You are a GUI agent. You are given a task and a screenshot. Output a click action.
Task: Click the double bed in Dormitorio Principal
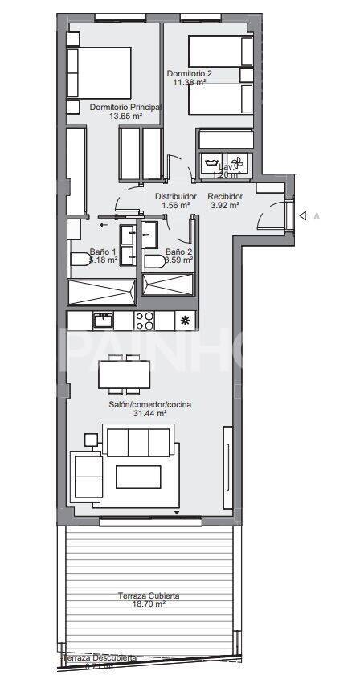point(100,72)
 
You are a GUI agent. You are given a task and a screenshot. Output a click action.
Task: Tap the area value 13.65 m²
point(125,116)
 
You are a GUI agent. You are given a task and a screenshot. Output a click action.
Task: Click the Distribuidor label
point(176,196)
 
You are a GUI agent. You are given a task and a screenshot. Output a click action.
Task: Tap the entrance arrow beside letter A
point(303,215)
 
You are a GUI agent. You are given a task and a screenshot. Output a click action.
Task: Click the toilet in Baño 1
point(81,260)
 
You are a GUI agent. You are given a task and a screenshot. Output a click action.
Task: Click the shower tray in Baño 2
point(168,285)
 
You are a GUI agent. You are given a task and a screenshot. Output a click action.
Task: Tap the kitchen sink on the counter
point(102,321)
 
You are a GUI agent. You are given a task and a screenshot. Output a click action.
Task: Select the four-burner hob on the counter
point(144,321)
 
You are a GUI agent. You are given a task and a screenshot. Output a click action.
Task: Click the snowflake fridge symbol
point(186,321)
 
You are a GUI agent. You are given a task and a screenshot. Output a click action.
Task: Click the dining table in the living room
point(124,374)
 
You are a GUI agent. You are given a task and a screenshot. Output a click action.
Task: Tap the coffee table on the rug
point(137,477)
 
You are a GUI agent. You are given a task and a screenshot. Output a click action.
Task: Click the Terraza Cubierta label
point(149,596)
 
